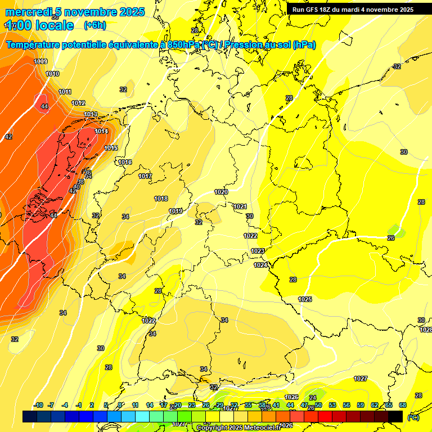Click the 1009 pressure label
[x=40, y=61]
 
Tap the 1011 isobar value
[x=65, y=92]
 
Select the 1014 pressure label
[x=101, y=131]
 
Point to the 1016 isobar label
[x=125, y=163]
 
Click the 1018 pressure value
[x=161, y=199]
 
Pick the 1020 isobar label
[x=221, y=192]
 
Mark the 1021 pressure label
[x=241, y=206]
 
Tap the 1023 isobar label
[x=258, y=251]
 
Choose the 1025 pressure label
[x=305, y=299]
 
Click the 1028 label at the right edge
[x=426, y=330]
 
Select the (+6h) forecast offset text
[x=94, y=25]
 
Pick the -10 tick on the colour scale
[x=38, y=405]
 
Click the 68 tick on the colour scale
[x=403, y=405]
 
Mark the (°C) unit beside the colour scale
[x=413, y=417]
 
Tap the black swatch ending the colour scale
[x=396, y=416]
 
